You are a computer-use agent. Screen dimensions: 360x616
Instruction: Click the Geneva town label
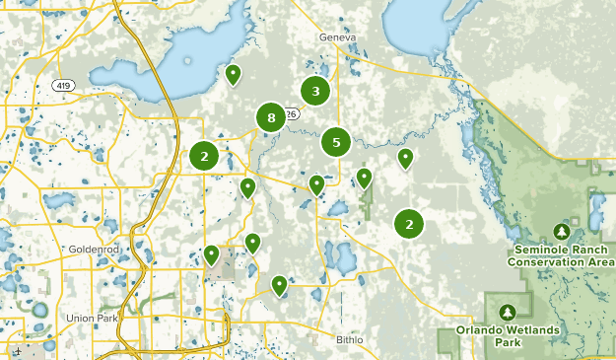click(336, 37)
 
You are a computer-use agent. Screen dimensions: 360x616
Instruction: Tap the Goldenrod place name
click(94, 250)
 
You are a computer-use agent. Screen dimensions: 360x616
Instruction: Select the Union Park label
click(91, 318)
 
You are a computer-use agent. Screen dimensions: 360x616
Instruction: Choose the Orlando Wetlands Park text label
click(508, 335)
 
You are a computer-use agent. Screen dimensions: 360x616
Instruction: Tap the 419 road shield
click(64, 85)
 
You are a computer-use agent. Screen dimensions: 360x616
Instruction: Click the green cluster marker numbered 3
click(315, 92)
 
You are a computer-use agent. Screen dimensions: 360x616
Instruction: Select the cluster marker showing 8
click(270, 118)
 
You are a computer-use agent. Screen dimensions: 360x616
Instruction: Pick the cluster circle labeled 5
click(336, 142)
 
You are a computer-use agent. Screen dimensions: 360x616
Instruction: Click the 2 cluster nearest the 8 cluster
click(204, 156)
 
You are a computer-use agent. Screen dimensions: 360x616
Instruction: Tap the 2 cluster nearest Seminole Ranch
click(409, 224)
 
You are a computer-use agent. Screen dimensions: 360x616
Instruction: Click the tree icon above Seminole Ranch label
click(562, 231)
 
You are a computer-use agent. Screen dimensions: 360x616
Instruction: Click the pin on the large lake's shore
click(234, 73)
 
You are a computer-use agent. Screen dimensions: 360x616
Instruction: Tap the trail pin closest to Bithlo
click(280, 285)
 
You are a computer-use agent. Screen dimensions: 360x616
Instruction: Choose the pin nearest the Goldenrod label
click(211, 254)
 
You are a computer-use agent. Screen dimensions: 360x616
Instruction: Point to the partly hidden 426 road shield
click(292, 114)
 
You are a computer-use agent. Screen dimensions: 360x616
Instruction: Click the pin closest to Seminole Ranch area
click(405, 157)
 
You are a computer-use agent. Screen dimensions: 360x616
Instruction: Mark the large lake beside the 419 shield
click(187, 59)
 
